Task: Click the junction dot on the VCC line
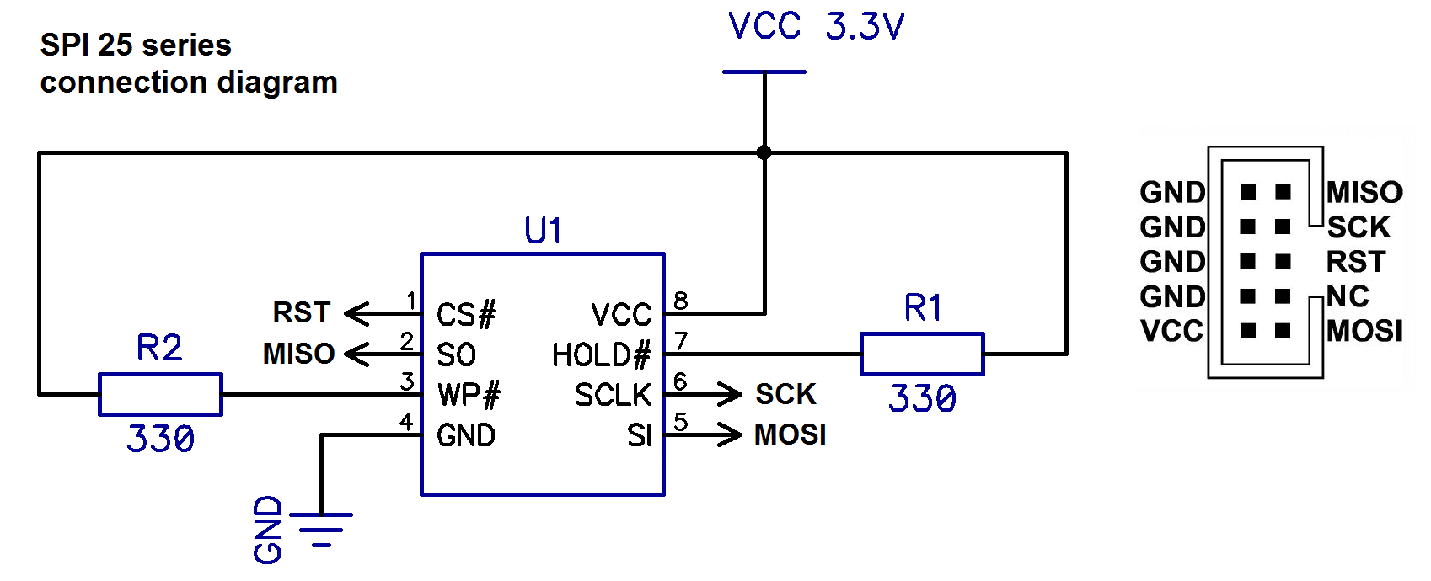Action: pyautogui.click(x=764, y=152)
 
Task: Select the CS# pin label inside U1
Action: pyautogui.click(x=466, y=315)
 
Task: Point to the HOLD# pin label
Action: pyautogui.click(x=601, y=355)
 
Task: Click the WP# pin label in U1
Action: pyautogui.click(x=469, y=395)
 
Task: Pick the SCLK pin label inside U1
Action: pyautogui.click(x=613, y=395)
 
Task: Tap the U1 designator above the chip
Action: pyautogui.click(x=543, y=230)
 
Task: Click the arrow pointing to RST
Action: pyautogui.click(x=383, y=313)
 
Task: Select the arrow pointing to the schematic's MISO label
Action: pyautogui.click(x=383, y=354)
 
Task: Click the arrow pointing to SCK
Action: pyautogui.click(x=703, y=395)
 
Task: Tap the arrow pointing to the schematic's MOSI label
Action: pyautogui.click(x=703, y=434)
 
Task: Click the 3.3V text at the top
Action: pyautogui.click(x=865, y=27)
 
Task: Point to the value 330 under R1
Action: pyautogui.click(x=922, y=398)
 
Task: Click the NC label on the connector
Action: pyautogui.click(x=1348, y=296)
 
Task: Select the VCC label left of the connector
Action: pyautogui.click(x=1171, y=331)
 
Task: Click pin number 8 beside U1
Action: pyautogui.click(x=681, y=301)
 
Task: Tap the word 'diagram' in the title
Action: pyautogui.click(x=277, y=83)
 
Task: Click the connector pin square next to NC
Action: pyautogui.click(x=1283, y=296)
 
